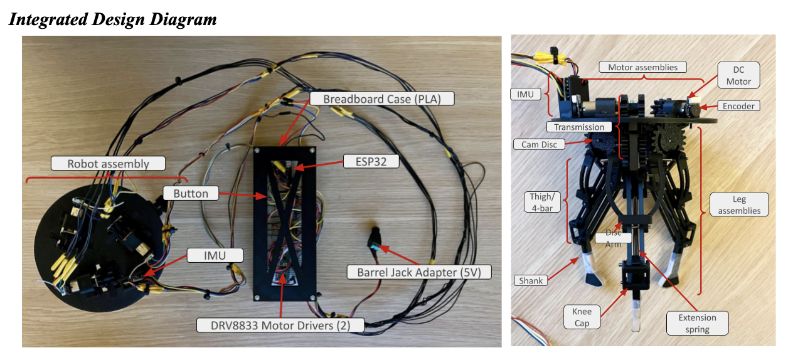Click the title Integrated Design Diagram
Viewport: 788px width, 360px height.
(112, 19)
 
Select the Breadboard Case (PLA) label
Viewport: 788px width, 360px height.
(380, 99)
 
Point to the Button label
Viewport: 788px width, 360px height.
(191, 193)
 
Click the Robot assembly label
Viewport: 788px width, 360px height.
(109, 164)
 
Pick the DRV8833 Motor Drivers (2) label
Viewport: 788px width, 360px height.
(280, 325)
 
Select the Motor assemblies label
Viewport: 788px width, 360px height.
(642, 67)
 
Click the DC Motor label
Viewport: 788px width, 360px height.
(738, 75)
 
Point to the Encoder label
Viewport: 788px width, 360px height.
(738, 106)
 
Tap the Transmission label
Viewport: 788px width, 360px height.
(579, 127)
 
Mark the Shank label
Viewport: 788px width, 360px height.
(531, 280)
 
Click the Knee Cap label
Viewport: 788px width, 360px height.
(582, 317)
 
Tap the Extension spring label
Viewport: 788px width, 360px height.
(697, 322)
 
